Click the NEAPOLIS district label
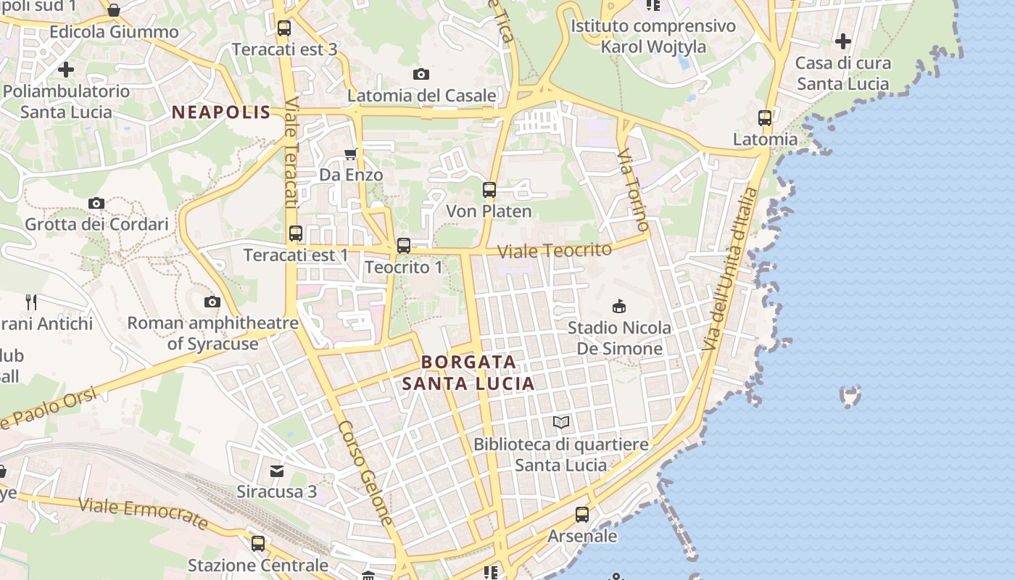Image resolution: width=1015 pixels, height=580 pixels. (x=220, y=112)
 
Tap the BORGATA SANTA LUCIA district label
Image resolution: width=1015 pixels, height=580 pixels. (x=468, y=372)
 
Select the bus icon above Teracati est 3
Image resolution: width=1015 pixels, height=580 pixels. (x=283, y=28)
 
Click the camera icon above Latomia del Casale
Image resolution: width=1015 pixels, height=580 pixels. (x=420, y=74)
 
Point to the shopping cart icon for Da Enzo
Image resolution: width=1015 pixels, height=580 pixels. (x=351, y=154)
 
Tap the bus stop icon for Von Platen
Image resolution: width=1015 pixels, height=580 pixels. (x=489, y=190)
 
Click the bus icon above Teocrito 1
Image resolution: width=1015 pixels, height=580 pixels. (x=403, y=246)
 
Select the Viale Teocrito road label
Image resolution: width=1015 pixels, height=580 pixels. (x=555, y=250)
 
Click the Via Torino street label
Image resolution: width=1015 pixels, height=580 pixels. (x=634, y=190)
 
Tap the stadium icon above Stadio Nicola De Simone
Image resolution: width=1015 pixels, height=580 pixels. (x=618, y=307)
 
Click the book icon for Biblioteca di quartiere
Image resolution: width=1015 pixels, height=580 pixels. (x=560, y=422)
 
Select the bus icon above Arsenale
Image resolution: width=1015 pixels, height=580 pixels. (x=581, y=515)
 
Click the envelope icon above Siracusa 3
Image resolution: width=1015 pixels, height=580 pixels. (x=276, y=471)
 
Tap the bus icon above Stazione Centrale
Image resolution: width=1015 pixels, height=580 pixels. (x=257, y=543)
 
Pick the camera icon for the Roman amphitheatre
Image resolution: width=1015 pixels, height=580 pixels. (x=212, y=302)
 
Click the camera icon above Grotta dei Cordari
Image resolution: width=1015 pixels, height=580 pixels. (x=96, y=203)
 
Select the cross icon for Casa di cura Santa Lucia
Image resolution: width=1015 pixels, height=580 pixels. (x=842, y=41)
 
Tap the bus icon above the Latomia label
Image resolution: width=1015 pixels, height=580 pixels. (x=764, y=117)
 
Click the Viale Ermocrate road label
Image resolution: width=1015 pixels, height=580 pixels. (x=143, y=513)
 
